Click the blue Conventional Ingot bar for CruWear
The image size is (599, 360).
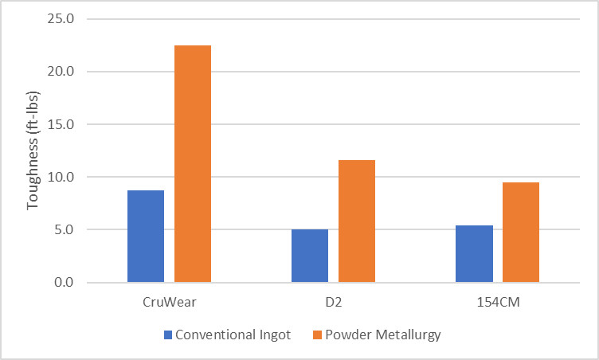click(146, 237)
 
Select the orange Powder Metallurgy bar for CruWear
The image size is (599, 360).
click(193, 164)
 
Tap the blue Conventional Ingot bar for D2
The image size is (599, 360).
click(310, 256)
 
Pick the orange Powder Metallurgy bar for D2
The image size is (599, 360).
click(357, 221)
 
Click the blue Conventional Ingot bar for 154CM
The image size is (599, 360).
click(474, 254)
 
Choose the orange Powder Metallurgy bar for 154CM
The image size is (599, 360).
click(521, 233)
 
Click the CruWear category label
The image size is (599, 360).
click(169, 303)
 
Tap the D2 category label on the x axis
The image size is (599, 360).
click(333, 303)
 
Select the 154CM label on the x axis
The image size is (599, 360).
click(497, 303)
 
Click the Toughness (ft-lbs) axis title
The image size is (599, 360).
click(33, 151)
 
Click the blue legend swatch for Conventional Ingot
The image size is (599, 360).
click(167, 335)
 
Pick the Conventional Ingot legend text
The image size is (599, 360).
click(233, 335)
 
